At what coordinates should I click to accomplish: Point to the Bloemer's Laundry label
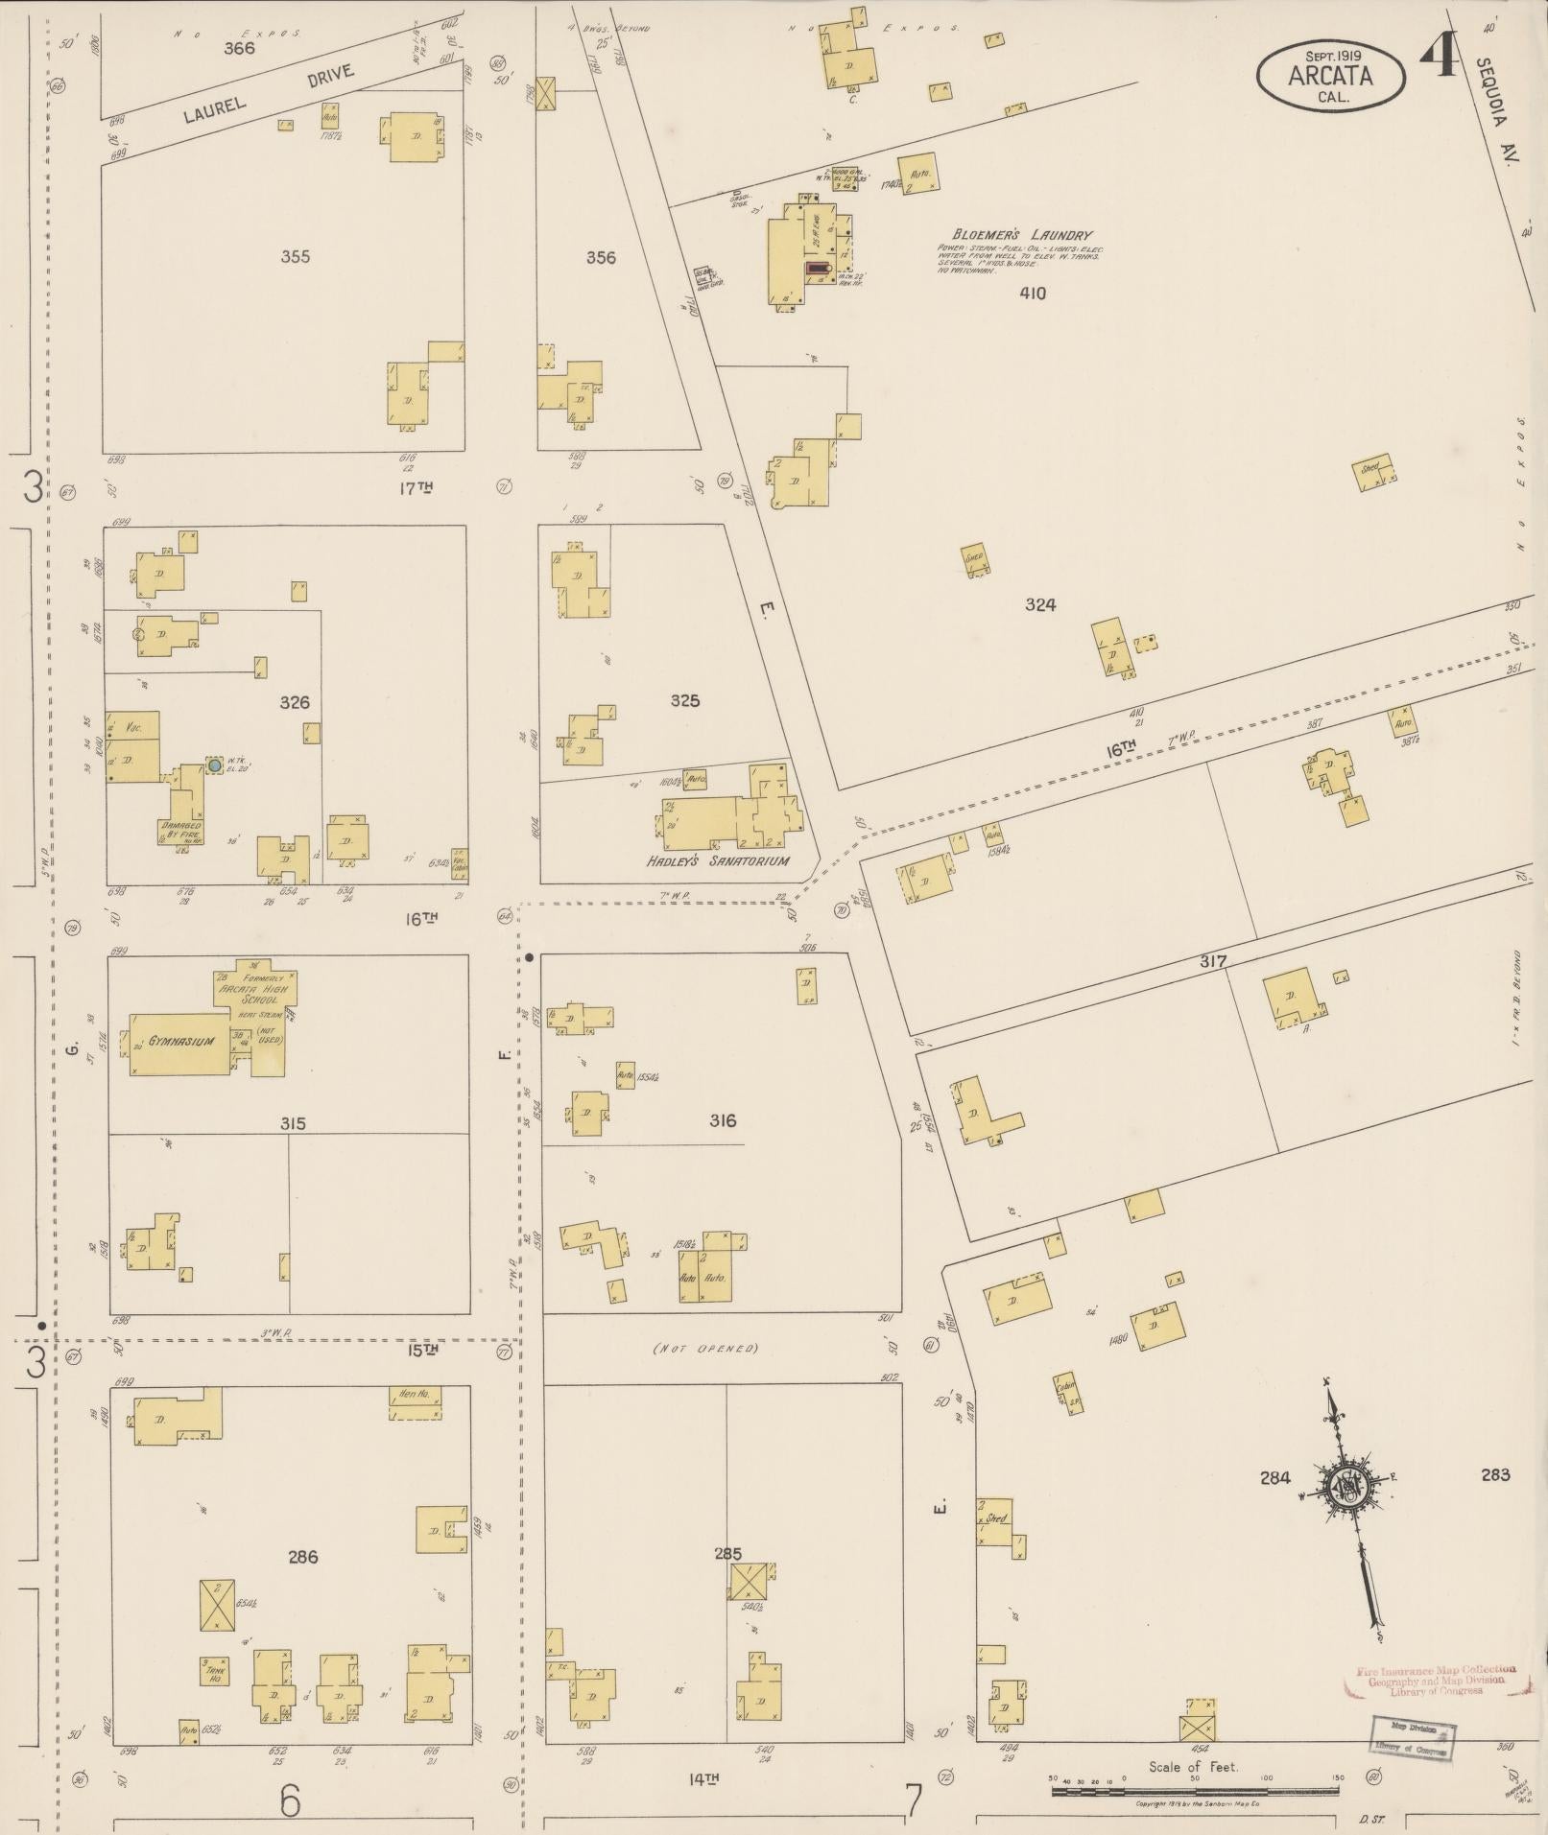tap(1021, 235)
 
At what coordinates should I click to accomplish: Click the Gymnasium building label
tap(180, 1041)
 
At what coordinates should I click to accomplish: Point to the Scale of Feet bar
tap(1195, 1791)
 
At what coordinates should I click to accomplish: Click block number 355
tap(296, 256)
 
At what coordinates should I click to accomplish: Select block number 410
tap(1033, 294)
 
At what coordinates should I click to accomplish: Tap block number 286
tap(302, 1557)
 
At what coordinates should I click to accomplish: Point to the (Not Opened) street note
tap(705, 1348)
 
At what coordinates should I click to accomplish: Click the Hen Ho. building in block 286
tap(416, 1404)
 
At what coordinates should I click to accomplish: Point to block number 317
tap(1212, 961)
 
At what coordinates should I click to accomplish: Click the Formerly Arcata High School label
tap(254, 988)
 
